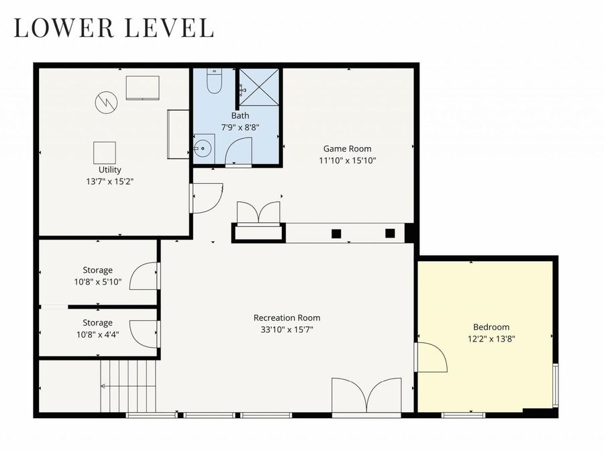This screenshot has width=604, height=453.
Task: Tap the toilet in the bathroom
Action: click(214, 81)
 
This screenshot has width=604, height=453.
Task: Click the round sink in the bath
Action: click(202, 148)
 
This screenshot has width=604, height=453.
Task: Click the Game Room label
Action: click(347, 149)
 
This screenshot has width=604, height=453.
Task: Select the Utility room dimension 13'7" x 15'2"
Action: click(109, 181)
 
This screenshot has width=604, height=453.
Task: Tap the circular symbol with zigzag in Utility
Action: click(105, 101)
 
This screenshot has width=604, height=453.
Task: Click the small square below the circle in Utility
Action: click(104, 152)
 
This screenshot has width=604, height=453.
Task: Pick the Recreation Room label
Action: click(287, 317)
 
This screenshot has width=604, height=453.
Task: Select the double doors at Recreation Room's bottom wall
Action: click(366, 395)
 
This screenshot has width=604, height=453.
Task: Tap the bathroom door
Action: click(238, 152)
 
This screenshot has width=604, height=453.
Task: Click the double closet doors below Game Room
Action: click(258, 213)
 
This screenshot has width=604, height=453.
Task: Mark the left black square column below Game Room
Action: click(336, 234)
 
